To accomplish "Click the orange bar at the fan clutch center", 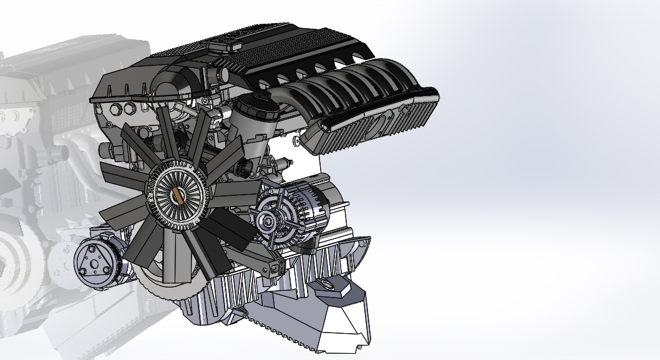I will click(177, 195).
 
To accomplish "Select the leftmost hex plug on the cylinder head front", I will click(115, 112).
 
